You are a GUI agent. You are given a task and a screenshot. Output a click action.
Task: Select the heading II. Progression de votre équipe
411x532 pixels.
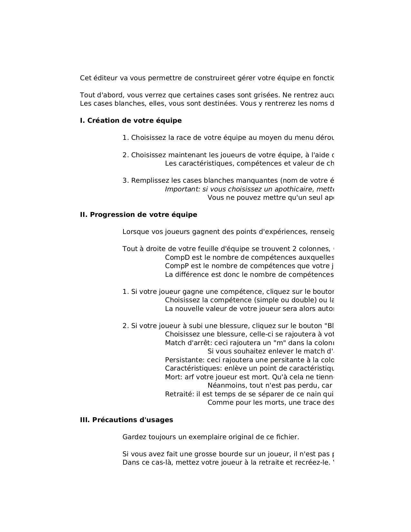[x=138, y=215]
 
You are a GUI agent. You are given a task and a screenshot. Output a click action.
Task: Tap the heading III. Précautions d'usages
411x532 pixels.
[x=126, y=420]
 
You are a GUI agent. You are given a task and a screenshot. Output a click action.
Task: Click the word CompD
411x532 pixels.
[x=178, y=257]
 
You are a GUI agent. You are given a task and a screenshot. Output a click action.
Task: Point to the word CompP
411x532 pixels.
[x=177, y=266]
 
